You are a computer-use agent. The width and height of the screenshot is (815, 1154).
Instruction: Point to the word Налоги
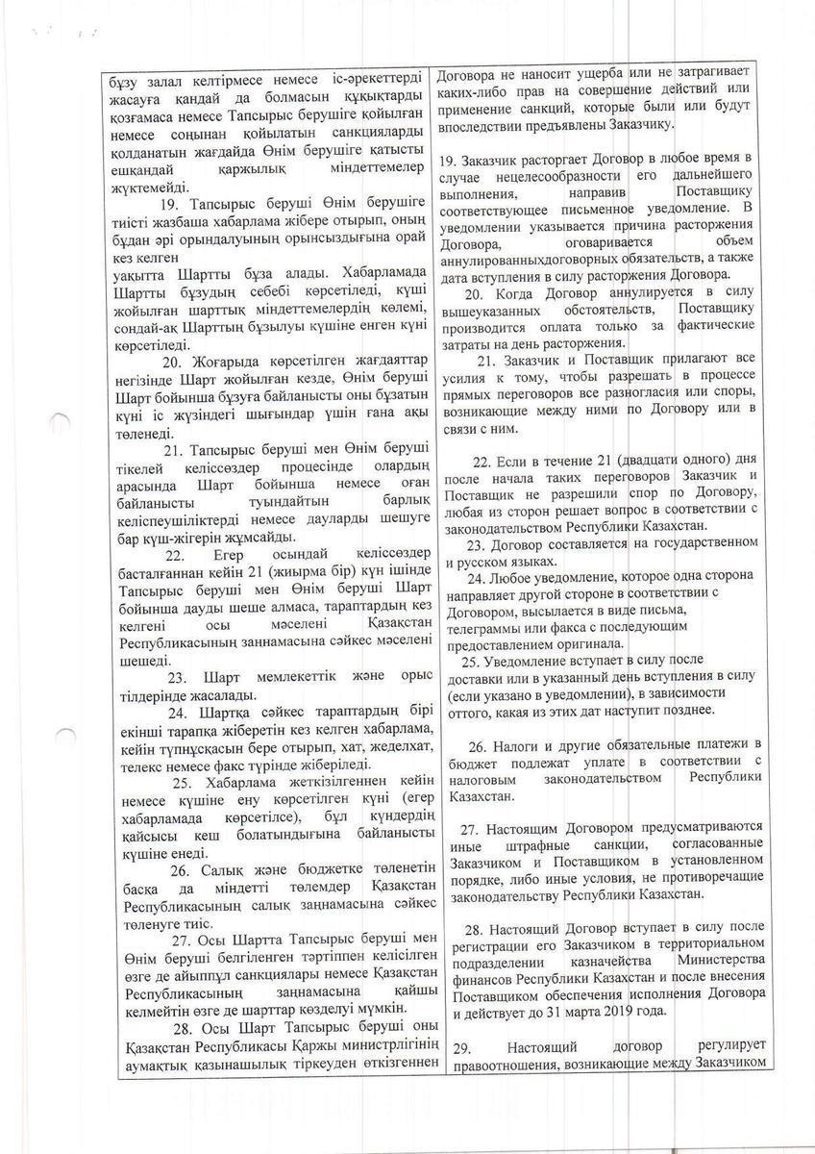pyautogui.click(x=520, y=744)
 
